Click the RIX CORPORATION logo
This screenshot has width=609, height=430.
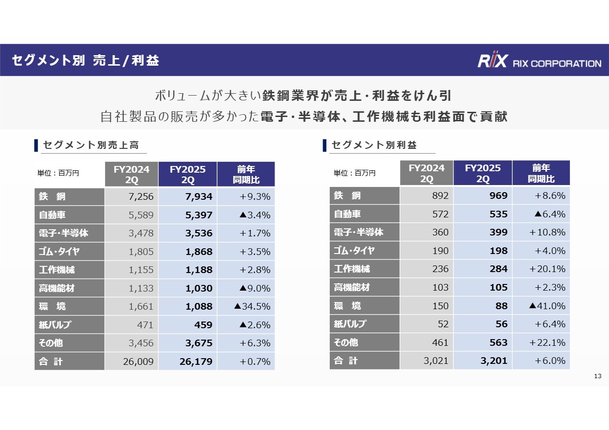pos(539,61)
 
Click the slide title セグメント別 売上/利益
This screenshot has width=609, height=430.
pos(85,60)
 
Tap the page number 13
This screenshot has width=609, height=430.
pos(598,377)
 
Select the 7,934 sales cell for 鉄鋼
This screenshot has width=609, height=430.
pos(187,196)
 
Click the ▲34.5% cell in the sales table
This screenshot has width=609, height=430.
pos(246,306)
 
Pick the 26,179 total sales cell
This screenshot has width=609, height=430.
pos(187,362)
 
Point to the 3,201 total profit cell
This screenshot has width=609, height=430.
pos(482,361)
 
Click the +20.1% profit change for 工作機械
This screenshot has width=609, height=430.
pos(541,269)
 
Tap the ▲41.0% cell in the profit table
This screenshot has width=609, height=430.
pos(541,305)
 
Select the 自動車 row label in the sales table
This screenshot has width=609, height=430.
pos(69,215)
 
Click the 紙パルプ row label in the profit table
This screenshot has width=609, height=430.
pos(364,324)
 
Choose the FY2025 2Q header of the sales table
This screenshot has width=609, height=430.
pos(187,175)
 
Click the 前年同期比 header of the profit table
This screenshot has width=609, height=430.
pos(541,173)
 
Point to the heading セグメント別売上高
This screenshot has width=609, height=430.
pos(91,145)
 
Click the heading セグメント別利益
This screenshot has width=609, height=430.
pos(374,145)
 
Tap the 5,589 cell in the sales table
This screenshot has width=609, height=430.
pos(131,215)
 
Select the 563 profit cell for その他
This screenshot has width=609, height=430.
pos(482,342)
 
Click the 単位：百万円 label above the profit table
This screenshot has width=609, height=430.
pos(354,173)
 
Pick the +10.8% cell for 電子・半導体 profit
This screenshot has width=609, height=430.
pos(541,232)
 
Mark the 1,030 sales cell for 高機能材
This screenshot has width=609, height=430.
pos(187,288)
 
